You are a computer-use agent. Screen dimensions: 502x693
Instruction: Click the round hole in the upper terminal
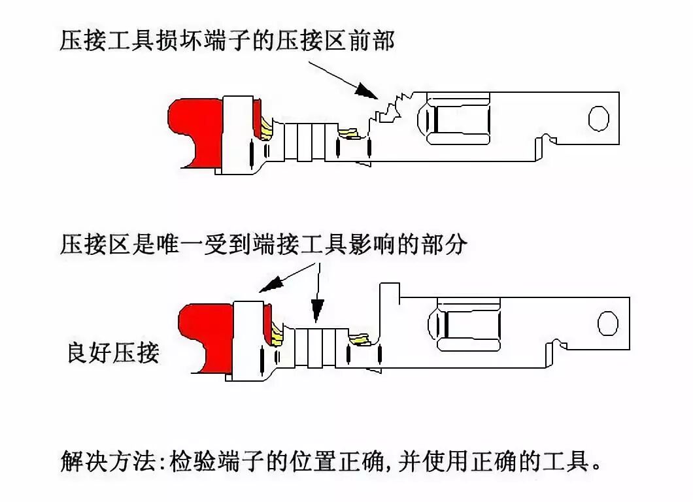[x=598, y=118]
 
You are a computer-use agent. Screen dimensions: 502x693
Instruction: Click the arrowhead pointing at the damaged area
[x=366, y=92]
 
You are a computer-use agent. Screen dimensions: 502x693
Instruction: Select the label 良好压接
[x=113, y=354]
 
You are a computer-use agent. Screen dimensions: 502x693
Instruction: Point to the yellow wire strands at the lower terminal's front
[x=360, y=339]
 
